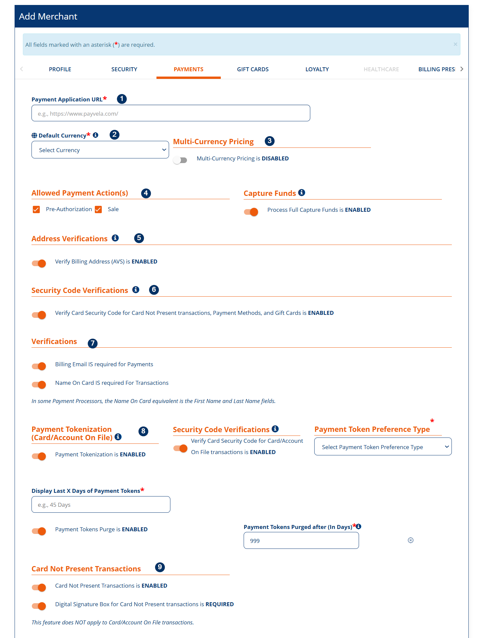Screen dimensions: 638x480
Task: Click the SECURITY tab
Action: [124, 69]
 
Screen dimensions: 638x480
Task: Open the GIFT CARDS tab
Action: [253, 69]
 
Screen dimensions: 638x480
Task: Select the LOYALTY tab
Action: [317, 69]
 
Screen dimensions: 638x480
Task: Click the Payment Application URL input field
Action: [171, 113]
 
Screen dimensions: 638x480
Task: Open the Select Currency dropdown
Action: [100, 150]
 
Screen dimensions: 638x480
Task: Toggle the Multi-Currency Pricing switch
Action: [180, 160]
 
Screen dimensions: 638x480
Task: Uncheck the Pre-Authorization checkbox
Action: [36, 209]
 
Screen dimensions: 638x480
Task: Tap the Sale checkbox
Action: [98, 209]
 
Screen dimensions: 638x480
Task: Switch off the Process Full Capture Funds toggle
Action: [251, 212]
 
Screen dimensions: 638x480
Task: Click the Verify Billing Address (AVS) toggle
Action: [39, 263]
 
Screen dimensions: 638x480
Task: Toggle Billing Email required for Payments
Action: [39, 366]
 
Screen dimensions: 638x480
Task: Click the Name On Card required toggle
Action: [39, 385]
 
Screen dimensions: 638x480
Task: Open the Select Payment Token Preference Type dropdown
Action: [383, 447]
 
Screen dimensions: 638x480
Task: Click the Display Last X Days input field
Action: [101, 504]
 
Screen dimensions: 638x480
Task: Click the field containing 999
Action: [301, 541]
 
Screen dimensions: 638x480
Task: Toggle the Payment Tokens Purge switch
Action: [39, 531]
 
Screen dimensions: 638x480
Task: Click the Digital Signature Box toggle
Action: [39, 606]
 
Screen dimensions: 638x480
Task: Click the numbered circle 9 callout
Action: [160, 567]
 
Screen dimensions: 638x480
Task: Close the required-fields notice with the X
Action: [455, 44]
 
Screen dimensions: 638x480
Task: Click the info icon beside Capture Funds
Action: [302, 193]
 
